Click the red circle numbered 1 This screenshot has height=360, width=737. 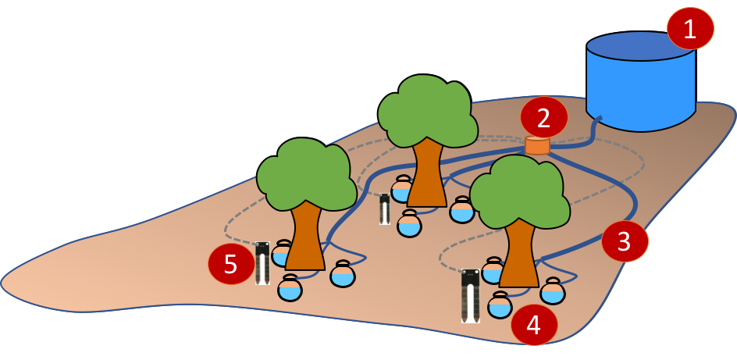(x=690, y=29)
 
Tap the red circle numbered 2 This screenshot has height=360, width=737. (x=543, y=117)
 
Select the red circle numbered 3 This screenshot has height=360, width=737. (x=625, y=241)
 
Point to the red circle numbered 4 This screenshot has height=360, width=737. (x=534, y=324)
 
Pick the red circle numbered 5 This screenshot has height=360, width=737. (x=231, y=264)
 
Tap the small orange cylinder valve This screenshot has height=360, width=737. (x=537, y=145)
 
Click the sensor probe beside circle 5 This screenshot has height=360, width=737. (x=262, y=263)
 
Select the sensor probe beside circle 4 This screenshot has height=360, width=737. (x=470, y=296)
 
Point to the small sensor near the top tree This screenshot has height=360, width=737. (x=384, y=209)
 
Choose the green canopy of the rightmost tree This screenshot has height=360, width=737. (x=519, y=191)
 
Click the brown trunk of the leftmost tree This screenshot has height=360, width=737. (x=304, y=238)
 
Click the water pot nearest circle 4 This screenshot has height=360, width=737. (x=500, y=305)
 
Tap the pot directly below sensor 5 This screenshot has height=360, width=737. (x=290, y=288)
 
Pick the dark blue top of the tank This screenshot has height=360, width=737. (x=640, y=45)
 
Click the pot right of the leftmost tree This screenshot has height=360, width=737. (x=343, y=274)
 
